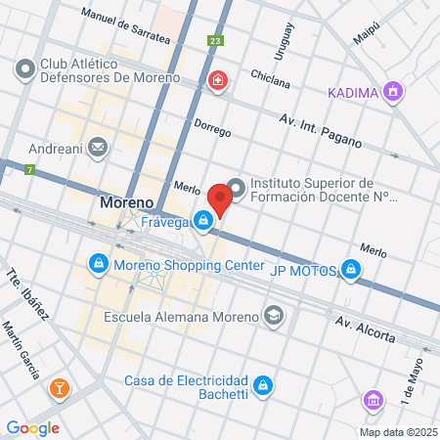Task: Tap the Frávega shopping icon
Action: (202, 222)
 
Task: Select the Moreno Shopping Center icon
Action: (98, 264)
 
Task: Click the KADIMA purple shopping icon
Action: (393, 92)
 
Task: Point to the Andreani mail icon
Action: (97, 148)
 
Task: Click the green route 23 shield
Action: (215, 41)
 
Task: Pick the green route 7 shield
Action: (30, 170)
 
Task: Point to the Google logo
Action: (32, 427)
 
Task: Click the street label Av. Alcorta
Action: (365, 329)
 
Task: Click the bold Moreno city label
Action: (126, 203)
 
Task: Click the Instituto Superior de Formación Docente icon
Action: (236, 188)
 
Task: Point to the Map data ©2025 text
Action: (395, 432)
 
